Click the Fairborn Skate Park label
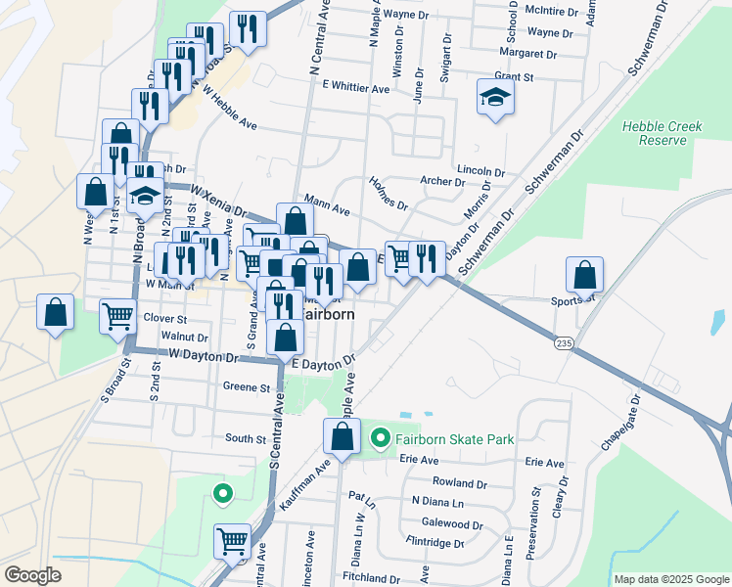455,439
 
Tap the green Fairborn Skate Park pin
381,439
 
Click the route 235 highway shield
563,342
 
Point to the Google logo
32,575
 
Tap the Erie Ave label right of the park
545,462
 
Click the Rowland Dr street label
460,483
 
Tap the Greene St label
247,387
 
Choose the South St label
246,439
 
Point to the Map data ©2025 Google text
671,579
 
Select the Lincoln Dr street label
474,169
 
